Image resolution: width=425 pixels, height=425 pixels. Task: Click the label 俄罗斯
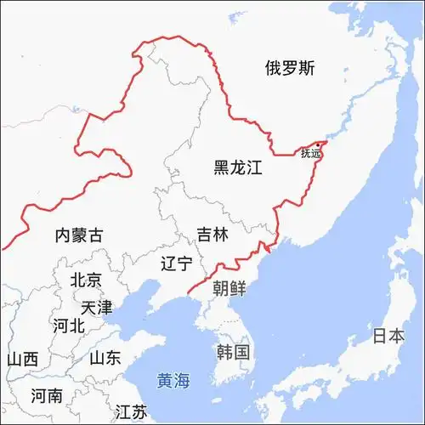(289, 69)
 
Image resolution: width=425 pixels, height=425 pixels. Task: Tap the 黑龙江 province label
(238, 168)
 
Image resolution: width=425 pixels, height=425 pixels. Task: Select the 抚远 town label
(311, 154)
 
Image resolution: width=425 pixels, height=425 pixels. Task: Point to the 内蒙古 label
(78, 235)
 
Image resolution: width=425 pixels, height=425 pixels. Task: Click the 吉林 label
(212, 235)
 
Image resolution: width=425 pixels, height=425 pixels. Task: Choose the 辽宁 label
(176, 263)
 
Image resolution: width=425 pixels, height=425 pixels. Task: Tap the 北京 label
(86, 280)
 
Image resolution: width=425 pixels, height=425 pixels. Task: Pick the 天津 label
(96, 307)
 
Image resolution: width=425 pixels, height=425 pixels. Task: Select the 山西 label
(22, 359)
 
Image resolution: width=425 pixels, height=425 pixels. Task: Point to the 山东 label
(105, 358)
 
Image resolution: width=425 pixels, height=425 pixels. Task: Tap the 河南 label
(46, 395)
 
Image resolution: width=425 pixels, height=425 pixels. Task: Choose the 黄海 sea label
(174, 381)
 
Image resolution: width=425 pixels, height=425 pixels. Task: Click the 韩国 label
(233, 352)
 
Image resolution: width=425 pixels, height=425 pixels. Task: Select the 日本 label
(388, 336)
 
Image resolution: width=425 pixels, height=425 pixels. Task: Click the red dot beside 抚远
(320, 144)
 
